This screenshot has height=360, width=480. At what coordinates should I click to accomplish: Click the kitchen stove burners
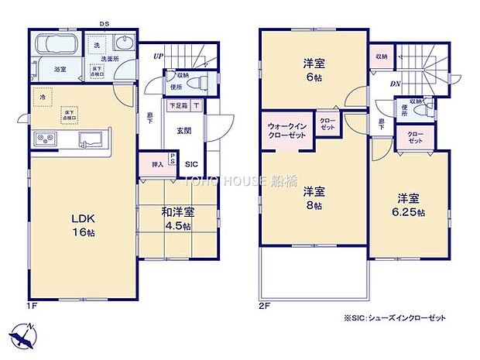(x=44, y=139)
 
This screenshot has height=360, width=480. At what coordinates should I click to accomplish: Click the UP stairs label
(x=158, y=56)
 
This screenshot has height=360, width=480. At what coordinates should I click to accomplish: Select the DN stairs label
(x=394, y=84)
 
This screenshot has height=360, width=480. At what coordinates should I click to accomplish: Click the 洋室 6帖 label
(x=312, y=73)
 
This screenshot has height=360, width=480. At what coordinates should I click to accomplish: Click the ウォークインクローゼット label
(x=287, y=130)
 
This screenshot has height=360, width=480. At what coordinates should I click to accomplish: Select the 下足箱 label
(x=177, y=106)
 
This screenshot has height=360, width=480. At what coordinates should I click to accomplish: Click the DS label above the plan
(x=103, y=24)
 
